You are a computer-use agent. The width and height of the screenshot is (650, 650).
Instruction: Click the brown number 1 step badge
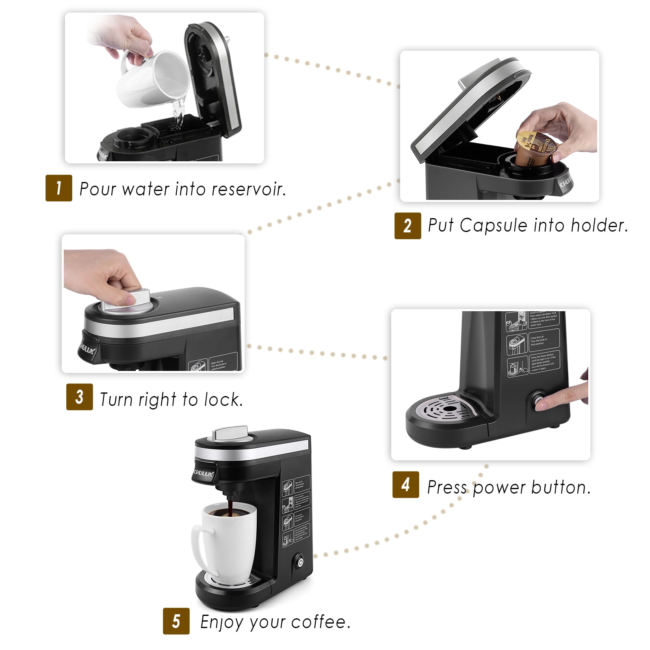[x=59, y=188]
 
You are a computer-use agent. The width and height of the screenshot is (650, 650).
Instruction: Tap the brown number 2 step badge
[x=407, y=225]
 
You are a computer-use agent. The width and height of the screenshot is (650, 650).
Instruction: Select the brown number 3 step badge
[x=80, y=397]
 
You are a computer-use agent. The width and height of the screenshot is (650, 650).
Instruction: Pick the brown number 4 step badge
[x=405, y=485]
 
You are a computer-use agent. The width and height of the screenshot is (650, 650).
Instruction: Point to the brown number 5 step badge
[x=176, y=621]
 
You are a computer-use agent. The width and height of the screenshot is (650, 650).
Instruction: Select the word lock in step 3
[x=223, y=399]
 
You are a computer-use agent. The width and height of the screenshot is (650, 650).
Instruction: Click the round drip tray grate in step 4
[x=448, y=408]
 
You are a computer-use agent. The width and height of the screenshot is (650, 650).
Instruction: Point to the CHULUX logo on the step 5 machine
[x=203, y=473]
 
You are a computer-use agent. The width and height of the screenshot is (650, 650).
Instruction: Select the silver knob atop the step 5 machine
[x=231, y=433]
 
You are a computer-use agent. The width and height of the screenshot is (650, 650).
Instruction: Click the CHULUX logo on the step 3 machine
[x=87, y=348]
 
